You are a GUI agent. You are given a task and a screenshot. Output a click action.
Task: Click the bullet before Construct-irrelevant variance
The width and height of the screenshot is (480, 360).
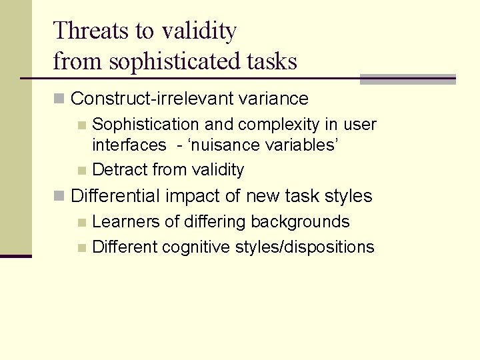(59, 99)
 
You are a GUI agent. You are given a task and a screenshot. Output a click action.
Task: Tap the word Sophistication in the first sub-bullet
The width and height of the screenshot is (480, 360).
(145, 125)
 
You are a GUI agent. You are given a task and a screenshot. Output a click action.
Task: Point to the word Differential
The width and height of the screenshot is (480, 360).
(116, 196)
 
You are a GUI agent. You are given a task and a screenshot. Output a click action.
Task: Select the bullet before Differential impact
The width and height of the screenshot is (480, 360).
(59, 196)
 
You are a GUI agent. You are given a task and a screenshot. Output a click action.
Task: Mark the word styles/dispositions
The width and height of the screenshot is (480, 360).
(305, 247)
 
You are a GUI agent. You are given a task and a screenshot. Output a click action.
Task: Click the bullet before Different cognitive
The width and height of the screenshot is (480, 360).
(81, 248)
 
